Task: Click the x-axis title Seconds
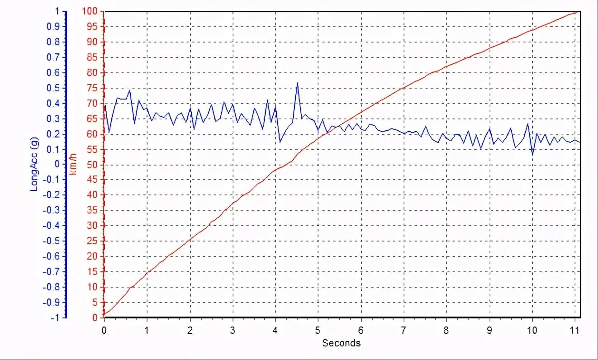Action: click(x=341, y=343)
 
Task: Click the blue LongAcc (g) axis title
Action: click(x=34, y=164)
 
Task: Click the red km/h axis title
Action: click(x=72, y=164)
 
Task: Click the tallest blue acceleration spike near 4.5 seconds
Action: click(x=297, y=83)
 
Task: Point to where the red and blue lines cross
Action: click(x=336, y=126)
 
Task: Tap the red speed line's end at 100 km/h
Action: click(x=575, y=12)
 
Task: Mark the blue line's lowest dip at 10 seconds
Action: click(x=532, y=155)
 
